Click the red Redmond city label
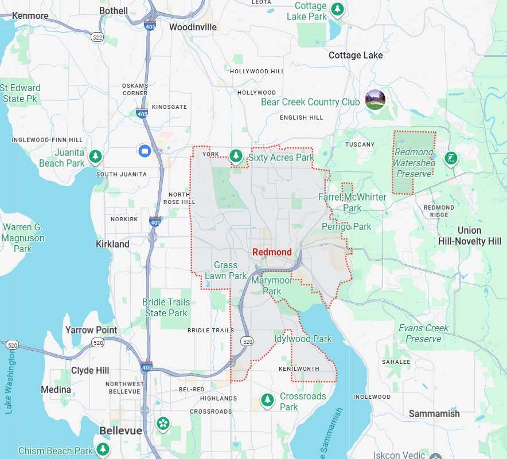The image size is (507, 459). click(x=272, y=252)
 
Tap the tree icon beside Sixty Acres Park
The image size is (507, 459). click(x=235, y=155)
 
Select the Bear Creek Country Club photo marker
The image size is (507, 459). click(x=375, y=100)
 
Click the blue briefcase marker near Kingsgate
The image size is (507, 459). click(x=144, y=151)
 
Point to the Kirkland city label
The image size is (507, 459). click(x=112, y=244)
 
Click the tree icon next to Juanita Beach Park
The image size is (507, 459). click(x=96, y=156)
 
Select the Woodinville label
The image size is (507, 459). click(x=193, y=27)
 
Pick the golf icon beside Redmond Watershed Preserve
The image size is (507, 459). click(x=451, y=158)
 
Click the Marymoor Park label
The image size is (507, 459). click(x=272, y=285)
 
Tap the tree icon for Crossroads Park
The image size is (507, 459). click(x=267, y=400)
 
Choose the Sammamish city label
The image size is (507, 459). click(x=434, y=414)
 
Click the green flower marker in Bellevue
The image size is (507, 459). click(x=163, y=424)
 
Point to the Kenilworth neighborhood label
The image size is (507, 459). click(x=299, y=368)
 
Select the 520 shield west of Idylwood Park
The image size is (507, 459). click(x=247, y=342)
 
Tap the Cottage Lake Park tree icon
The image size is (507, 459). click(x=338, y=9)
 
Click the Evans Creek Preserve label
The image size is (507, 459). click(x=423, y=333)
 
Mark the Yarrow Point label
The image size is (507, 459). click(x=91, y=330)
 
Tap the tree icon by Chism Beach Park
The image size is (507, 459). click(x=103, y=449)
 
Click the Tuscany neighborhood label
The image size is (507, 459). click(x=360, y=144)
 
